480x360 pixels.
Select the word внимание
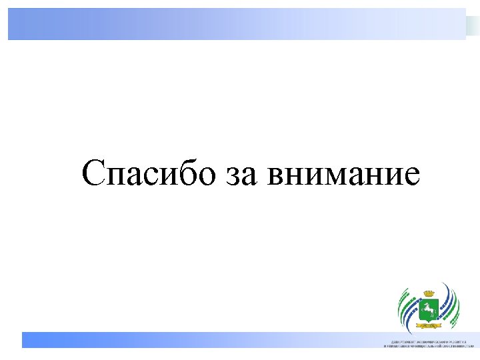point(343,176)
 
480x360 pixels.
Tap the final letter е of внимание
point(411,177)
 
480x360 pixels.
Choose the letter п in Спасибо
point(118,177)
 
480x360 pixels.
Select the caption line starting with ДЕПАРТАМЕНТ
point(427,340)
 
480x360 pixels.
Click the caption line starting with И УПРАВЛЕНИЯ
point(427,346)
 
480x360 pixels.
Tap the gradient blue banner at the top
point(237,24)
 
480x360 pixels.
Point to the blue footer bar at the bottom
point(200,339)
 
